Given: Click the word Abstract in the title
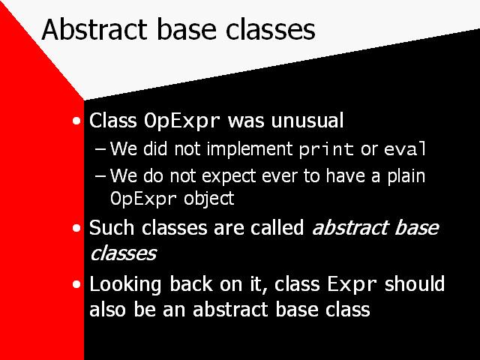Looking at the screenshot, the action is (x=94, y=29).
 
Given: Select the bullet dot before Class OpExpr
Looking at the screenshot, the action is (x=76, y=121).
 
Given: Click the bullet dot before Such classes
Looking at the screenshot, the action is (x=76, y=228).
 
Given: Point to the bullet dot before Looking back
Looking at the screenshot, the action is (x=76, y=285).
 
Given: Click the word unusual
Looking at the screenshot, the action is (x=307, y=120).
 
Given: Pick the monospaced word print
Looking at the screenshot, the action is (x=327, y=149).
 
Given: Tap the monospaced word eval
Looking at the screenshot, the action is (x=405, y=148).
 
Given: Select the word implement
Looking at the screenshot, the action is (x=250, y=149).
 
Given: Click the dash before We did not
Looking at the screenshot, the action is (x=100, y=149).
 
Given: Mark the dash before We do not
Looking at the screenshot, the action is (x=100, y=176).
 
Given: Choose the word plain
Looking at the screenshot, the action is (x=406, y=176).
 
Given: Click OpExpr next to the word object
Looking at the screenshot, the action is (x=143, y=199).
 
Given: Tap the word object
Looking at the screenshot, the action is (x=209, y=199).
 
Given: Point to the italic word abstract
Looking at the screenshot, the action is (x=350, y=228).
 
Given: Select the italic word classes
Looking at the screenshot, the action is (x=123, y=253).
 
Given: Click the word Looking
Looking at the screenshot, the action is (x=125, y=285).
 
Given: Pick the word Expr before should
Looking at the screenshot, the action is (x=352, y=284).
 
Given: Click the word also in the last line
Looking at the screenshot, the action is (x=107, y=309).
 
